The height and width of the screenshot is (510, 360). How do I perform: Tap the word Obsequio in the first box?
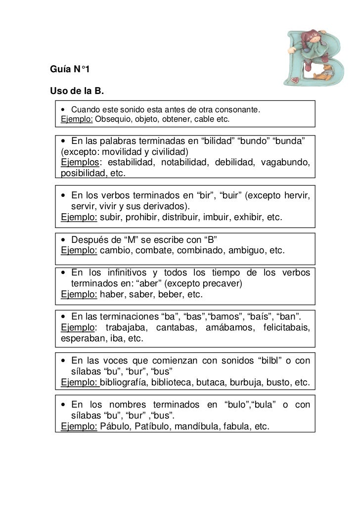[x=112, y=119]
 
